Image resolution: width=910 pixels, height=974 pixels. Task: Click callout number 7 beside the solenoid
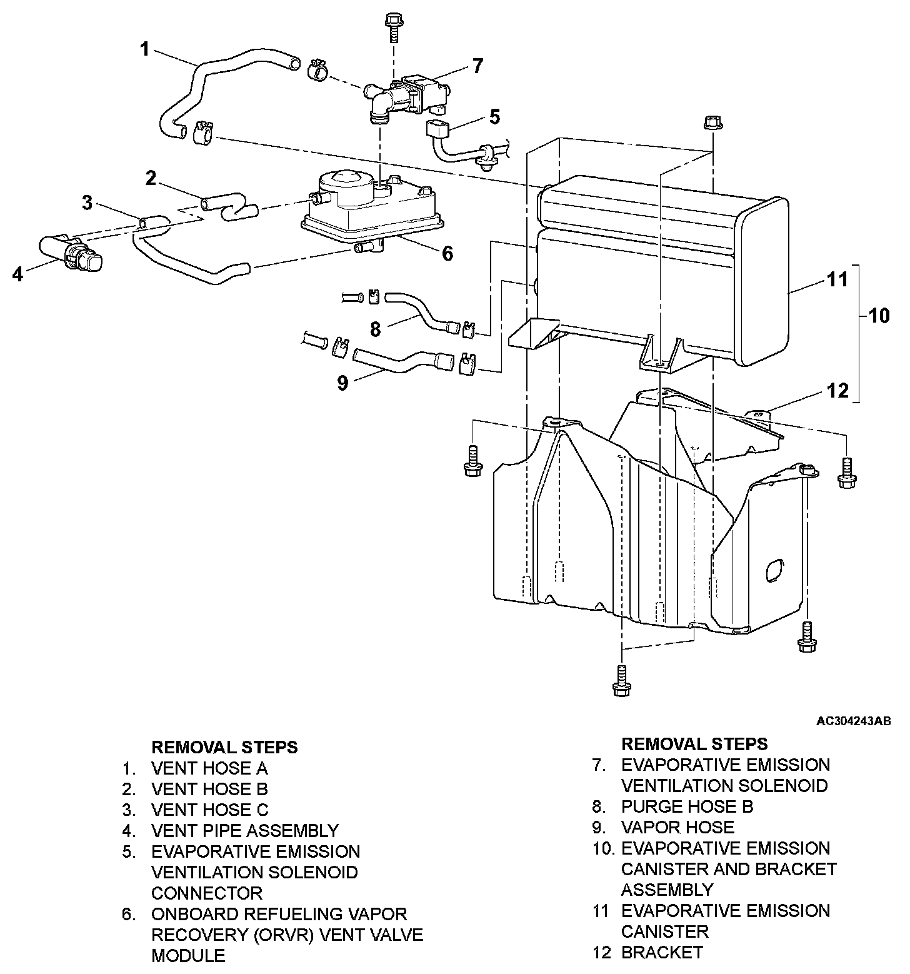(477, 66)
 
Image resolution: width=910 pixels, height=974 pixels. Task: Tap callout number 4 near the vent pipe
(18, 274)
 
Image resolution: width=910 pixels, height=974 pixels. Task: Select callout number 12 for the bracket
(837, 391)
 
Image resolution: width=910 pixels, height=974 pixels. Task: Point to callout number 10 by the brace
(878, 315)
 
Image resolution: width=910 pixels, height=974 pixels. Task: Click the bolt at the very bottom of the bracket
(621, 681)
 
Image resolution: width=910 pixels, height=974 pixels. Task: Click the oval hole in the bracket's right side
(773, 571)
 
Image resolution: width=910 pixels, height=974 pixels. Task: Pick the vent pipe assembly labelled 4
(70, 254)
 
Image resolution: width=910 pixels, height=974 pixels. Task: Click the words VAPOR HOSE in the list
(677, 827)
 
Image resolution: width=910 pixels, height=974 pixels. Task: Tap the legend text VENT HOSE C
(210, 810)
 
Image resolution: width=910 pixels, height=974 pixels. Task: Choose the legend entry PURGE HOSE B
(687, 806)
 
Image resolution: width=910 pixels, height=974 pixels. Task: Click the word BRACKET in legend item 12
(662, 952)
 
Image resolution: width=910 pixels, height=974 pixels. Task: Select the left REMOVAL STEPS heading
(225, 747)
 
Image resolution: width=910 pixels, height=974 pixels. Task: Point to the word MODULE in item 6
(188, 955)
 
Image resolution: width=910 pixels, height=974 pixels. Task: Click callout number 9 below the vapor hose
(342, 383)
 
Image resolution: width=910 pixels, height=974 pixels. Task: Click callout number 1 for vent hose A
(145, 49)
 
